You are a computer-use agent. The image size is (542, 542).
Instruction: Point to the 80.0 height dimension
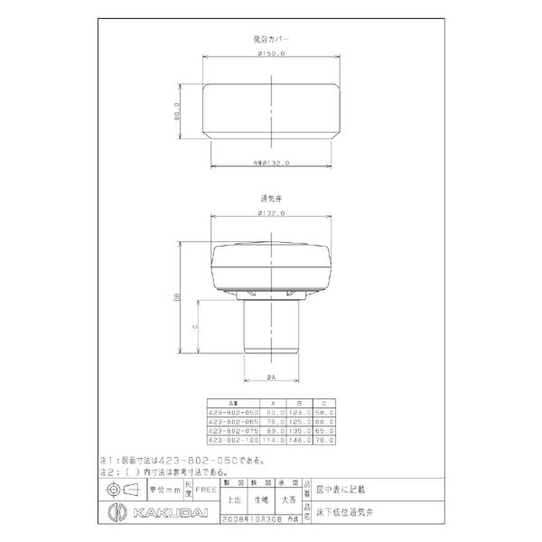point(176,110)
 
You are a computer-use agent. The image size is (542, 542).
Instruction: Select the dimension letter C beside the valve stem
point(194,326)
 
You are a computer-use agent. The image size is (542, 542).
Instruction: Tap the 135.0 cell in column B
point(299,430)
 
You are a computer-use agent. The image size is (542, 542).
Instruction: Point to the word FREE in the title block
point(207,488)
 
